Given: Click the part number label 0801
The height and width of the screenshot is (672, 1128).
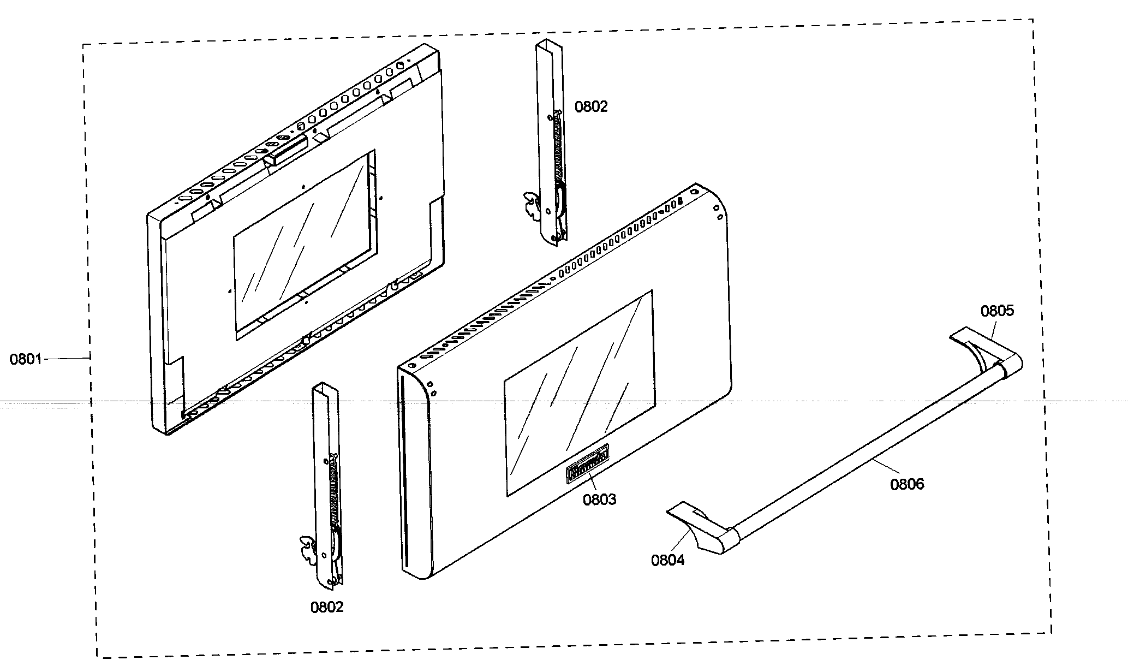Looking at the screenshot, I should tap(26, 360).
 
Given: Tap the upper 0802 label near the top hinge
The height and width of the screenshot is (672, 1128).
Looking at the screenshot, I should tap(590, 107).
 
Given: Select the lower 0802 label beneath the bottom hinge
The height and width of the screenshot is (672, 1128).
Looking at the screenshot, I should tap(327, 607).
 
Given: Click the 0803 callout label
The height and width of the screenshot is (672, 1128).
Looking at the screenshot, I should tap(599, 499).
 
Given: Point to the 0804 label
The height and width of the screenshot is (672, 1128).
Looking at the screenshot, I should tap(667, 560).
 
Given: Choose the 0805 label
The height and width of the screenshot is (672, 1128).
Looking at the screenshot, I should tap(997, 311).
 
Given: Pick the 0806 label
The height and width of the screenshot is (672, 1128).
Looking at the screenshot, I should tap(907, 484).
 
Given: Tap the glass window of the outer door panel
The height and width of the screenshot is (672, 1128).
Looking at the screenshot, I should tap(578, 393).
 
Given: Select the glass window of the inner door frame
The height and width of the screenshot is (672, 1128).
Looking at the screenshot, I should tap(303, 246).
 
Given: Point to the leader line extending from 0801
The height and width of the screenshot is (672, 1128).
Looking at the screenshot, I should tap(65, 358).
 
